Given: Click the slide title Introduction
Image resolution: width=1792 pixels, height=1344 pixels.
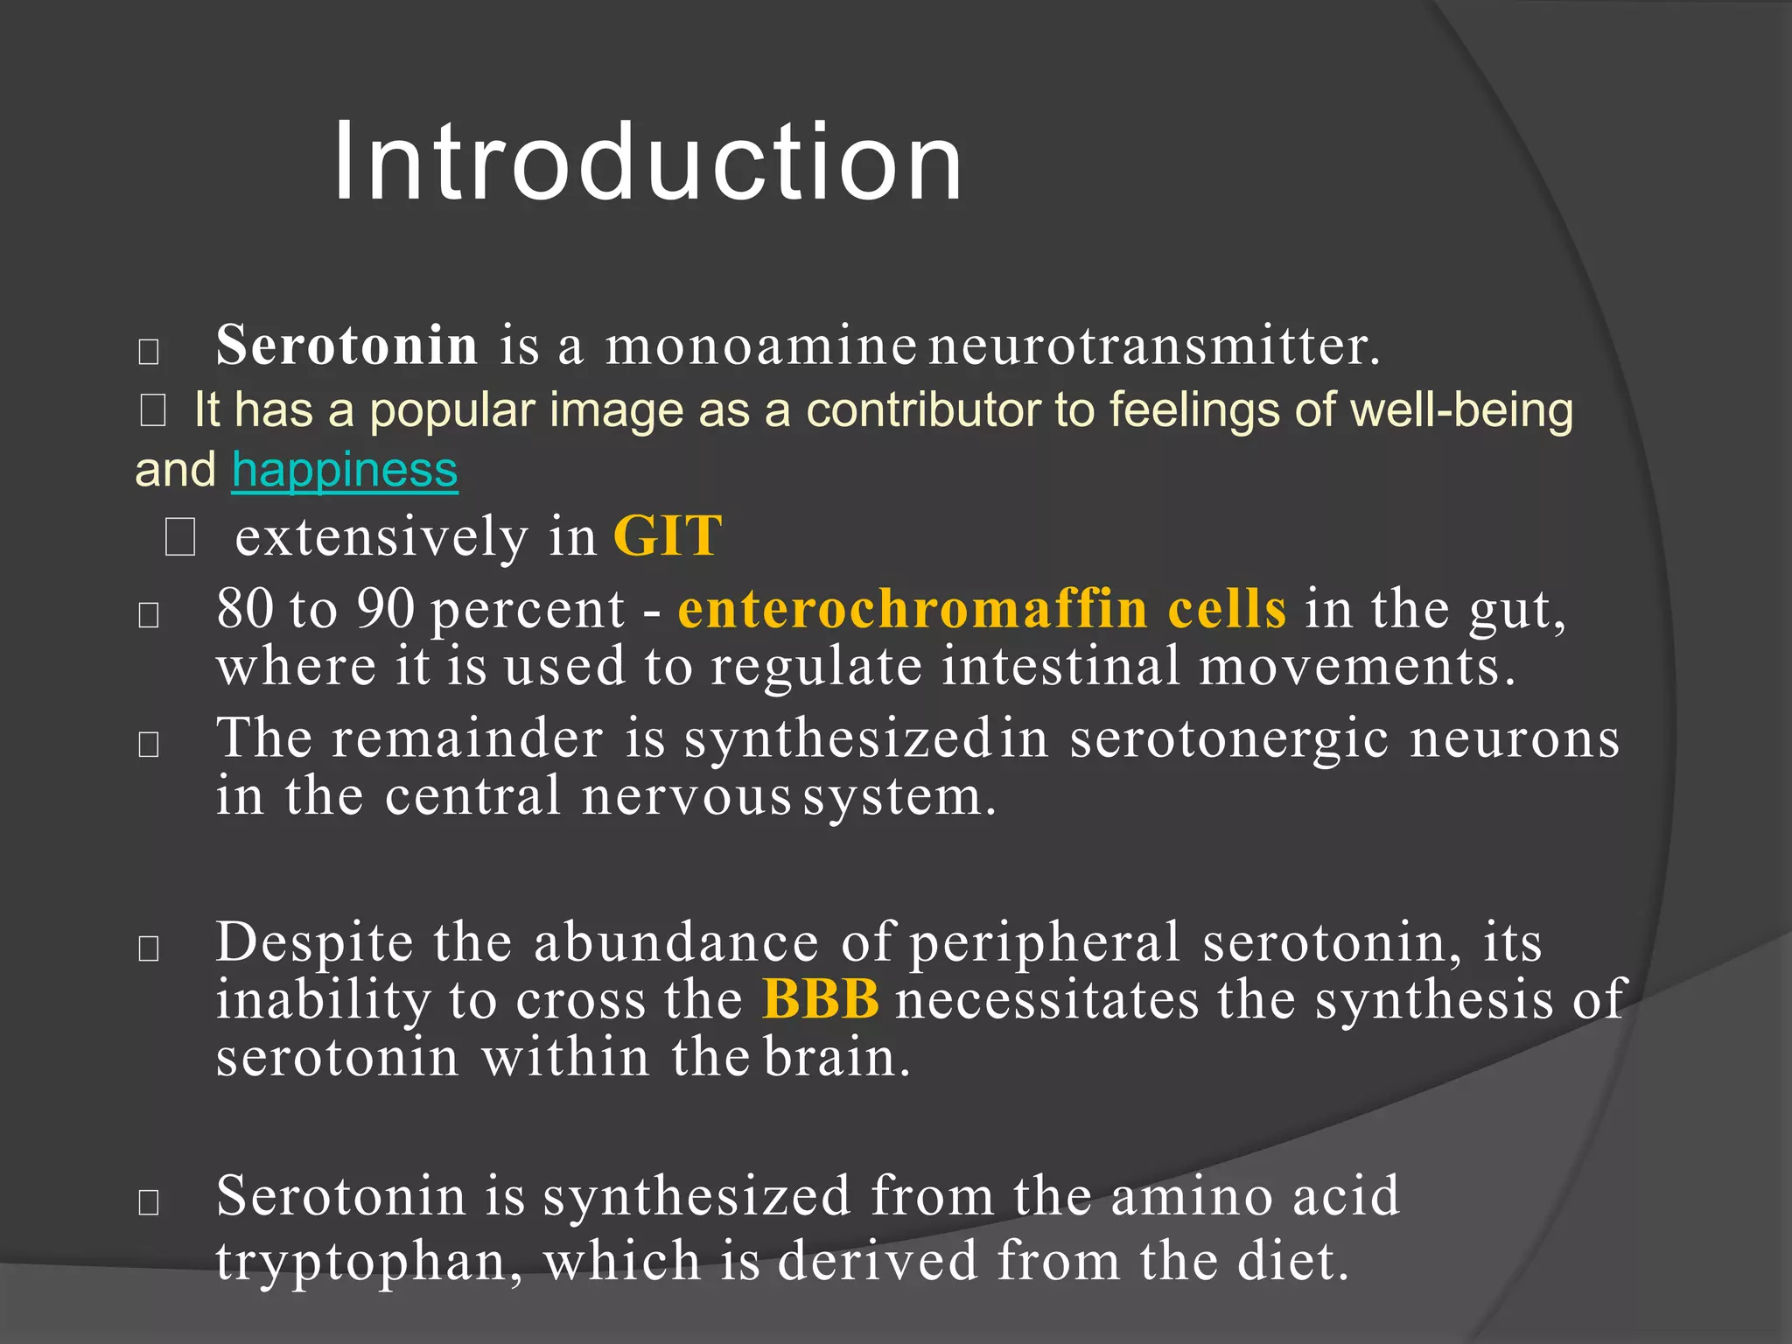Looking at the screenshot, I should [647, 163].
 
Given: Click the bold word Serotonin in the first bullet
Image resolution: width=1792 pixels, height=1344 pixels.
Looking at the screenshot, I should [346, 345].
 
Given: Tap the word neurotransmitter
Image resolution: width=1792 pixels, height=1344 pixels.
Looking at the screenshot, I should [1153, 346].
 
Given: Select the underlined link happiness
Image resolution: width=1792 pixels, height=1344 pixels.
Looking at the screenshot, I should [345, 470].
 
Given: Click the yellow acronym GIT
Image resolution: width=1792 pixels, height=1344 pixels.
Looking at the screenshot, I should [668, 535].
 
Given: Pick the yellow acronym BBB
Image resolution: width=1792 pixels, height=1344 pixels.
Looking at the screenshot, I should [820, 998].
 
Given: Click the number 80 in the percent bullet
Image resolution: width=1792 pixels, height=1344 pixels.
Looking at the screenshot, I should [245, 609].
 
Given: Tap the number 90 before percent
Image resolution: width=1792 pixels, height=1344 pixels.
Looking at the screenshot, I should [385, 609].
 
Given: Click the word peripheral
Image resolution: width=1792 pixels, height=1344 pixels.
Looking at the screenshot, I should [1046, 944].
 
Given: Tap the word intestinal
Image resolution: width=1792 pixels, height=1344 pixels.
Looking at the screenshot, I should [1061, 666].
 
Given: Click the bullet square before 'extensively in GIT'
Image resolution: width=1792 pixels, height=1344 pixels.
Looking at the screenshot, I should [180, 536].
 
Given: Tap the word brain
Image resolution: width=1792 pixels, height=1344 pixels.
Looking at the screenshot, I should [836, 1058].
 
